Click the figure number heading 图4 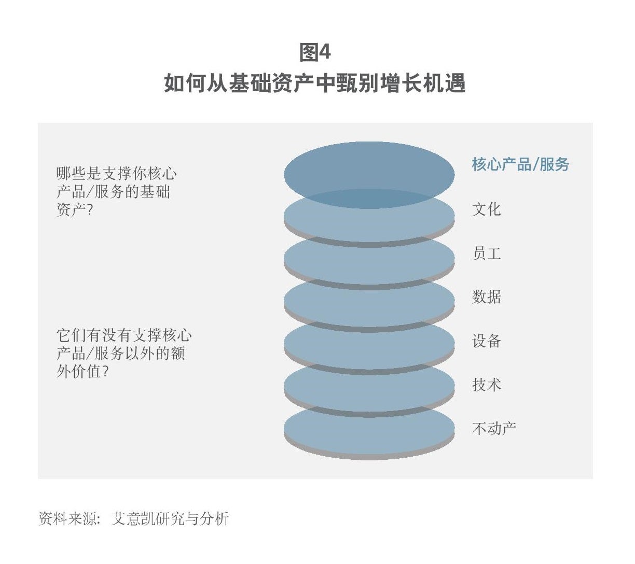pyautogui.click(x=315, y=52)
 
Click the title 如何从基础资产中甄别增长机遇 pyautogui.click(x=315, y=83)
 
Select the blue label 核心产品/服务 pyautogui.click(x=520, y=164)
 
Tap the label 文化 pyautogui.click(x=486, y=209)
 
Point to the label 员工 pyautogui.click(x=486, y=253)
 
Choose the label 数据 pyautogui.click(x=486, y=297)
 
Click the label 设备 pyautogui.click(x=486, y=341)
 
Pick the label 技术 pyautogui.click(x=486, y=384)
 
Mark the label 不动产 pyautogui.click(x=494, y=428)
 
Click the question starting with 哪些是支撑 pyautogui.click(x=117, y=191)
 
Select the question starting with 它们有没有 pyautogui.click(x=124, y=353)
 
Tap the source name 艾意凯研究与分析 pyautogui.click(x=170, y=518)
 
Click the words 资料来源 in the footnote pyautogui.click(x=67, y=518)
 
